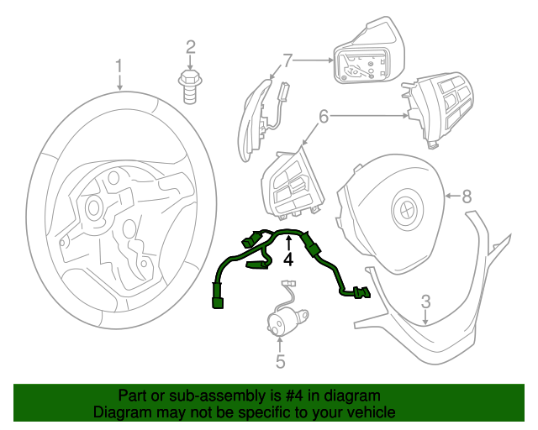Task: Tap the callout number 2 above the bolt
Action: pyautogui.click(x=190, y=47)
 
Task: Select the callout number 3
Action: pyautogui.click(x=426, y=302)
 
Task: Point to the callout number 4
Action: pyautogui.click(x=287, y=260)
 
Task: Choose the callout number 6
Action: pyautogui.click(x=324, y=118)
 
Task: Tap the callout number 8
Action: pyautogui.click(x=467, y=197)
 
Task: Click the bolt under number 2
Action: pyautogui.click(x=190, y=84)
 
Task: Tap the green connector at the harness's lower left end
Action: pyautogui.click(x=219, y=299)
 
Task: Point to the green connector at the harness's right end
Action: pyautogui.click(x=361, y=292)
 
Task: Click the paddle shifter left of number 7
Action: pyautogui.click(x=256, y=122)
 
